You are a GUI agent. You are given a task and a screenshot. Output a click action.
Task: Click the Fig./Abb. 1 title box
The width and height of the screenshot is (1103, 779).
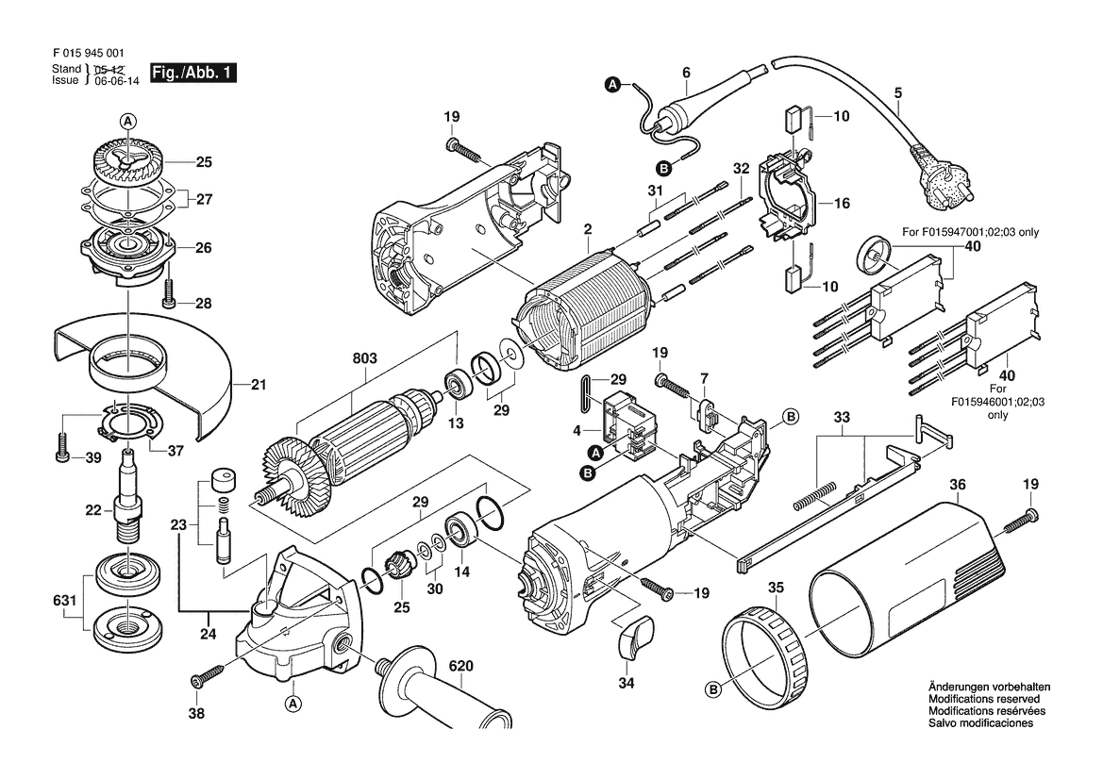(192, 74)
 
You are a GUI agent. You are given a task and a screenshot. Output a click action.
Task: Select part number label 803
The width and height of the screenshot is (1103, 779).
(364, 357)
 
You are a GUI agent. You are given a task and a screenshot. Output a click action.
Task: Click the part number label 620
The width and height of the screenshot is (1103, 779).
(460, 666)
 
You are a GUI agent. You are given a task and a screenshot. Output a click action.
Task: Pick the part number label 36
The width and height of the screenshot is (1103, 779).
(958, 485)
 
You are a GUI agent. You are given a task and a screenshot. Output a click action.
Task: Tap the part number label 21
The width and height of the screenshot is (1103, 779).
(259, 385)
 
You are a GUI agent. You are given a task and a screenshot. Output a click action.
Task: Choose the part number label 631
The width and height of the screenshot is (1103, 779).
(65, 601)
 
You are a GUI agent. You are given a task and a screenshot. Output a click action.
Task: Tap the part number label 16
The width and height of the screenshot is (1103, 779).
(842, 203)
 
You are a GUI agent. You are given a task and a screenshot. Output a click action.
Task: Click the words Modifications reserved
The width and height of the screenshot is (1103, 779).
(984, 699)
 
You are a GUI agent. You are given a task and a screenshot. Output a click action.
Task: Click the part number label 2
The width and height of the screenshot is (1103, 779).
(588, 228)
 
